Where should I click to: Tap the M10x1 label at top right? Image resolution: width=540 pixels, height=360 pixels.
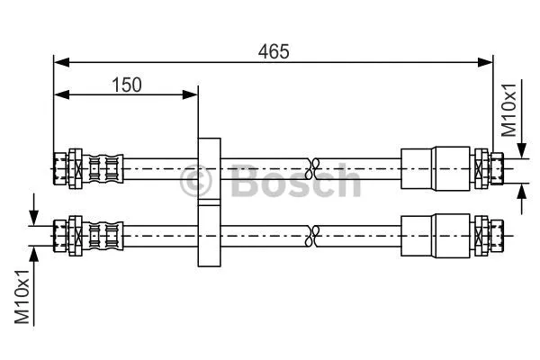tap(509, 109)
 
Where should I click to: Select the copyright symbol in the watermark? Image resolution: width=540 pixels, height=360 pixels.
tap(198, 183)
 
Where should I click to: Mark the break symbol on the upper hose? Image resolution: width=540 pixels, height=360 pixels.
tap(312, 166)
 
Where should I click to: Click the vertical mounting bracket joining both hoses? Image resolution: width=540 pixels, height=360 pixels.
tap(209, 202)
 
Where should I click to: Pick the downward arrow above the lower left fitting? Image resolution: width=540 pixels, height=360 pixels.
tap(33, 216)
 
